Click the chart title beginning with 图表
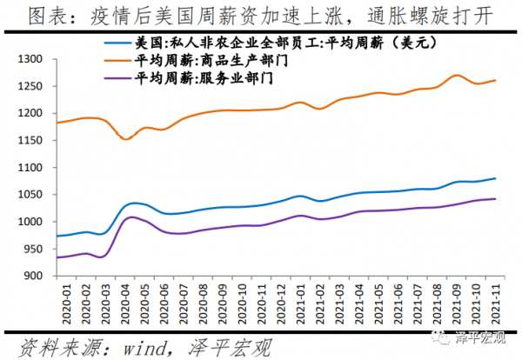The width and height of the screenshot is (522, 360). pos(261,15)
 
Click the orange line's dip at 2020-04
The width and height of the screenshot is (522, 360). pos(126,138)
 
